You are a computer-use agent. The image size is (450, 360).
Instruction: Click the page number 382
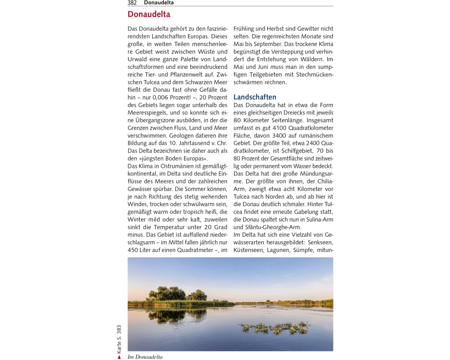pyautogui.click(x=132, y=3)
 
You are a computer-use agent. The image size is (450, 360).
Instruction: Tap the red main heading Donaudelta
pyautogui.click(x=149, y=14)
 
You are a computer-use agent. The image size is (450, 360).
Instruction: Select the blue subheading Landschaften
pyautogui.click(x=255, y=97)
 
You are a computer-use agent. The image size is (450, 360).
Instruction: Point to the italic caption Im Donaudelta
pyautogui.click(x=145, y=357)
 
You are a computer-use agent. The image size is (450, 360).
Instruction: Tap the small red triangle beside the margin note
pyautogui.click(x=119, y=357)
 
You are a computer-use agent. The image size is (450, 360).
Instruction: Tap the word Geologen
pyautogui.click(x=180, y=135)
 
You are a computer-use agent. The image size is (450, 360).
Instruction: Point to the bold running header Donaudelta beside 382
pyautogui.click(x=159, y=3)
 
